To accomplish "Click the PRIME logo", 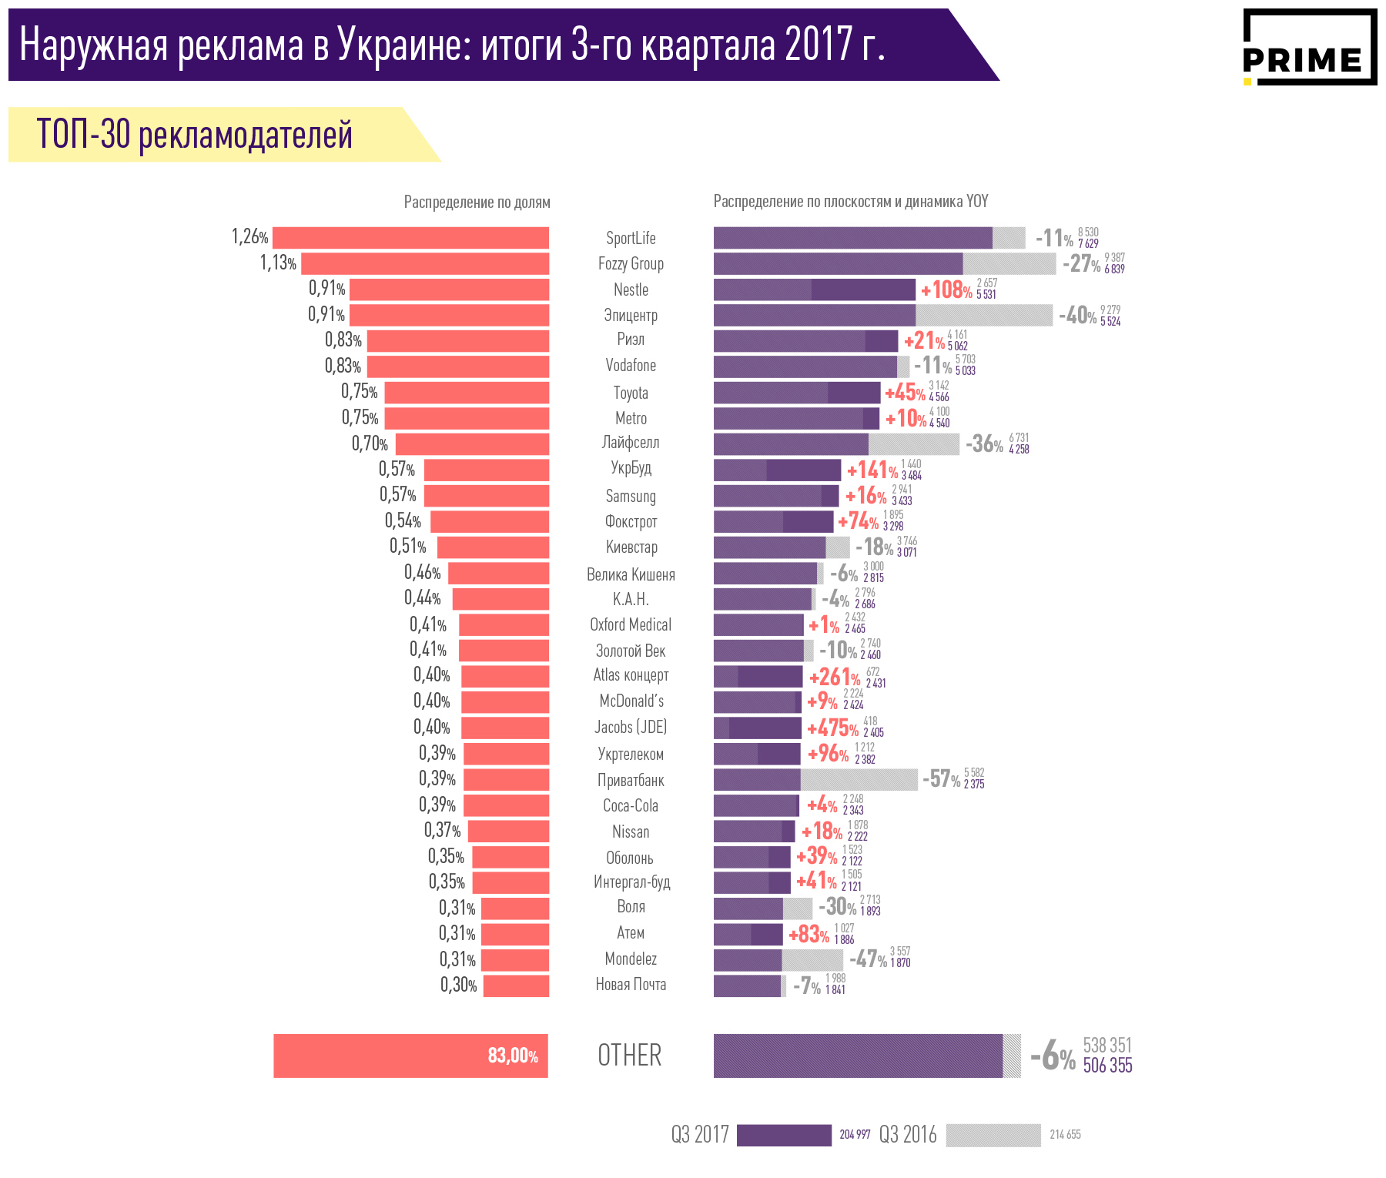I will coord(1309,48).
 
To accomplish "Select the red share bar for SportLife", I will coord(410,238).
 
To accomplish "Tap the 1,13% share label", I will coord(278,263).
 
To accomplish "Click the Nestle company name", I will coord(631,289).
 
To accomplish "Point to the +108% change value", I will coord(946,290).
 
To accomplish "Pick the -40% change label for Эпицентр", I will coord(1077,316).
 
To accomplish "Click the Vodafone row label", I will coord(631,366).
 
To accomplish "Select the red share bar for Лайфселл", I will coord(472,444).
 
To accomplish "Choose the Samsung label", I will coord(631,497).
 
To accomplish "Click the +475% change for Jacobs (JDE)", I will coord(832,728).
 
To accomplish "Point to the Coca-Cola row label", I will coord(631,806).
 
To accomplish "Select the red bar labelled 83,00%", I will coord(410,1056).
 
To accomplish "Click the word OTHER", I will coord(630,1056).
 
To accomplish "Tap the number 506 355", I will coord(1107,1066).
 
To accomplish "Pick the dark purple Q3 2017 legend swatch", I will coord(784,1135).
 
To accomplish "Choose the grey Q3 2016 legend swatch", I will coord(993,1135).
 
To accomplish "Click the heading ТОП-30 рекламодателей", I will coord(194,135).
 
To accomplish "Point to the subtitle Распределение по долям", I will coord(477,202).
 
